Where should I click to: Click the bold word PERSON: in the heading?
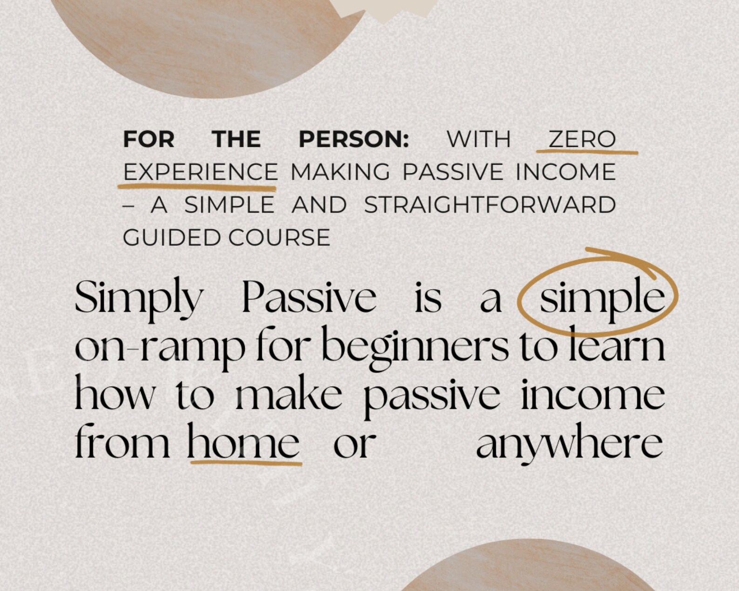click(354, 139)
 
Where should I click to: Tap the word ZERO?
click(582, 139)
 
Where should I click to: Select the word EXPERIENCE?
click(201, 172)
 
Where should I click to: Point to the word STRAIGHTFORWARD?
click(490, 205)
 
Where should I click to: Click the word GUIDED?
click(171, 238)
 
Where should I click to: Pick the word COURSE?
click(279, 238)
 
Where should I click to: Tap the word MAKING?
click(340, 172)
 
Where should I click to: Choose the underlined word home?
click(243, 443)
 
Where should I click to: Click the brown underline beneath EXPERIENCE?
click(197, 187)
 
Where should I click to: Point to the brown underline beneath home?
click(246, 463)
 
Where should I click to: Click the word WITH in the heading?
click(478, 139)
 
